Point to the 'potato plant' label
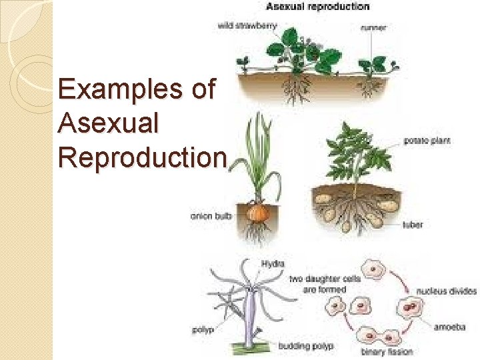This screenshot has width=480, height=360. tap(427, 141)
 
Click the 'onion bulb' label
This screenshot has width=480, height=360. tap(211, 215)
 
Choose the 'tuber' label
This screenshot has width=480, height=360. tap(413, 225)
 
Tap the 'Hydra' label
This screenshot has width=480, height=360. tap(273, 264)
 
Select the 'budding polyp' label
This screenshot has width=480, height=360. tap(306, 346)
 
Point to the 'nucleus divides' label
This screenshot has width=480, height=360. tap(447, 291)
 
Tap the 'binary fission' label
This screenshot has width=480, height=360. tap(387, 351)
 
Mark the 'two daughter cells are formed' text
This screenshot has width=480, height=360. tap(325, 284)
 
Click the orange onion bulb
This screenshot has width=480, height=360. tap(256, 213)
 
